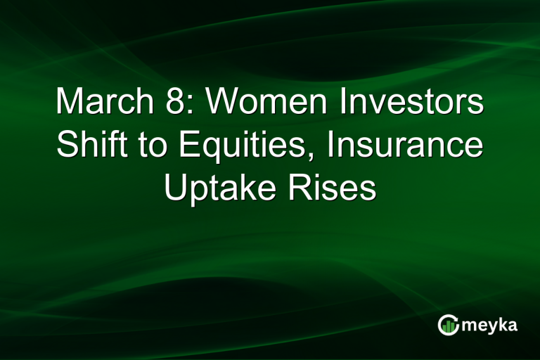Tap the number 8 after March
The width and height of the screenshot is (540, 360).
pyautogui.click(x=181, y=103)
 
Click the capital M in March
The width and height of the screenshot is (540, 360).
pyautogui.click(x=69, y=103)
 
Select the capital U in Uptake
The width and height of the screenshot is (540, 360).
pyautogui.click(x=174, y=188)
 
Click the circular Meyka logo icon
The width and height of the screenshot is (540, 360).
pyautogui.click(x=448, y=324)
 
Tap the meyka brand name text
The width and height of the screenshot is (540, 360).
pyautogui.click(x=490, y=325)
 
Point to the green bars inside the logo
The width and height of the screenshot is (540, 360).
pyautogui.click(x=448, y=326)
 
